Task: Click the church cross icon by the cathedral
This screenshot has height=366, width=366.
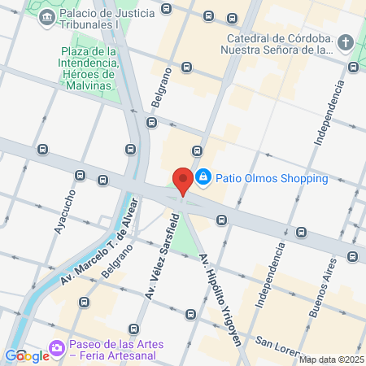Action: pos(345,42)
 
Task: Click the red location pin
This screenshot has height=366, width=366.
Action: pos(183,181)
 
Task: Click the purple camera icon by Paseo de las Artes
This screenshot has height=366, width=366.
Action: pos(56,348)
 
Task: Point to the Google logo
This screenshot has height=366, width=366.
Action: pos(27,355)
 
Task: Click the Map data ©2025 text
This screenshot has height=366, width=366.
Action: pos(331,359)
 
